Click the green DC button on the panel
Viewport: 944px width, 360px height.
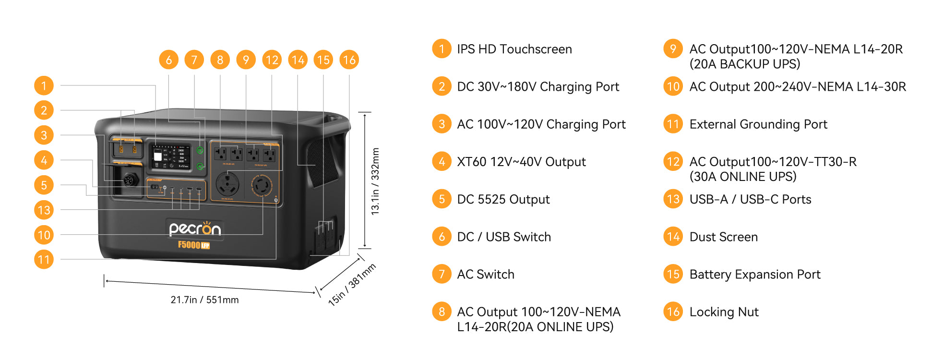coord(200,150)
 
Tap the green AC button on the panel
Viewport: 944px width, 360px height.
coord(200,167)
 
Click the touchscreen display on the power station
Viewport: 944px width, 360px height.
coord(170,156)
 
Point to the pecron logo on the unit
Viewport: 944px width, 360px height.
coord(195,229)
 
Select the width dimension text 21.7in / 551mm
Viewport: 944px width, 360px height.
coord(204,300)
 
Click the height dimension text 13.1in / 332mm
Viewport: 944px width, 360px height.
coord(375,181)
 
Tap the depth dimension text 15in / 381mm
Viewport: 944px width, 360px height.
coord(352,285)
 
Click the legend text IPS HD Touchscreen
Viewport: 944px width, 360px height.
coord(514,49)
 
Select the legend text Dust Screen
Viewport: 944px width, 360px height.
coord(723,237)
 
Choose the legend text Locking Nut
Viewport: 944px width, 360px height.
coord(724,312)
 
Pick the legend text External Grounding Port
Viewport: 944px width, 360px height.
coord(758,124)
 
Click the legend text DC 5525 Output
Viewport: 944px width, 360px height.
coord(503,199)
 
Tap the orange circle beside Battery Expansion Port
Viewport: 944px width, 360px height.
coord(673,274)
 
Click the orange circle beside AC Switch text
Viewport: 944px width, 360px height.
coord(442,274)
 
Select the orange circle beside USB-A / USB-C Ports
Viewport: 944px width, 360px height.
coord(673,199)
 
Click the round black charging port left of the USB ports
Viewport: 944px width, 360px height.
coord(130,180)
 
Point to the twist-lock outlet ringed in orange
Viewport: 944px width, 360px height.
coord(262,185)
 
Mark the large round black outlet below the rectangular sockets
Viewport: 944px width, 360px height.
coord(227,184)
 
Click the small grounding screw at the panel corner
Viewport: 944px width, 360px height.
coord(276,200)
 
